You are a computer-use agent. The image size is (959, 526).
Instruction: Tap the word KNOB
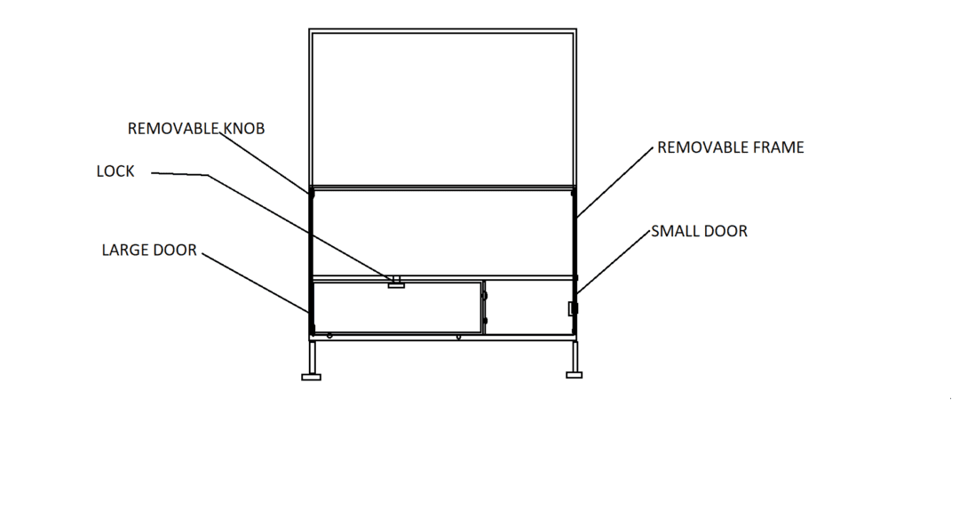pyautogui.click(x=244, y=129)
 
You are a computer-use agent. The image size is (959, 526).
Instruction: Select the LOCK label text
pyautogui.click(x=115, y=171)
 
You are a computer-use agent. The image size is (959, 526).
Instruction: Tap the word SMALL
pyautogui.click(x=673, y=232)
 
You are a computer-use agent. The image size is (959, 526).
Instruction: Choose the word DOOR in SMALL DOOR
pyautogui.click(x=724, y=232)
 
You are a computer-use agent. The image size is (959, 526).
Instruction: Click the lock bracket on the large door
pyautogui.click(x=396, y=283)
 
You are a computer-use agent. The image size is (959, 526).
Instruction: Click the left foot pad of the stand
pyautogui.click(x=312, y=377)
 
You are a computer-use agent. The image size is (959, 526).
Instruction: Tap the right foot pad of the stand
pyautogui.click(x=575, y=375)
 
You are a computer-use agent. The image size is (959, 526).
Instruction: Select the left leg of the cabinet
pyautogui.click(x=313, y=357)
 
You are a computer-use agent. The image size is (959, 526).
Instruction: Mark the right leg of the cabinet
pyautogui.click(x=575, y=356)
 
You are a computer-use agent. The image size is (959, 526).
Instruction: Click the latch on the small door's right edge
pyautogui.click(x=573, y=308)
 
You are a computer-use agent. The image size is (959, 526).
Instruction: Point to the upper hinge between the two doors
pyautogui.click(x=485, y=296)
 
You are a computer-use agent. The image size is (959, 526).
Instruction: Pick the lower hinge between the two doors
pyautogui.click(x=485, y=320)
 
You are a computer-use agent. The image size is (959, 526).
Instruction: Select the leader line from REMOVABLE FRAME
pyautogui.click(x=615, y=182)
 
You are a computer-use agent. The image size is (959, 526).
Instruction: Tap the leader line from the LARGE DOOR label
pyautogui.click(x=256, y=283)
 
